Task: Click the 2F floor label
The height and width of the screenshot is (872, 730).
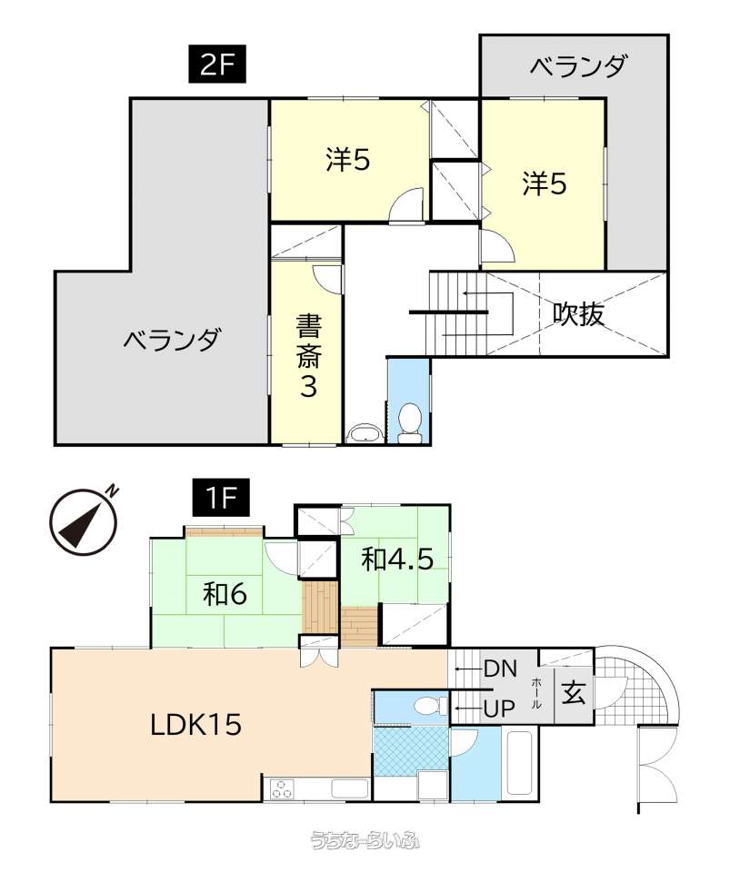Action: tap(217, 66)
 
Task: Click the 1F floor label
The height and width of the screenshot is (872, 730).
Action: tap(221, 498)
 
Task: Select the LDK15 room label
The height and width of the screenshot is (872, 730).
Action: tap(195, 725)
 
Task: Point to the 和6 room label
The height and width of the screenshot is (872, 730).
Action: tap(225, 594)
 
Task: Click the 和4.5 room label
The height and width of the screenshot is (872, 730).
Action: tap(397, 559)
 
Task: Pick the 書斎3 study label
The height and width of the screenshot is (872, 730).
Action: tap(308, 356)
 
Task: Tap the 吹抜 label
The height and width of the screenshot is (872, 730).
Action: tap(578, 315)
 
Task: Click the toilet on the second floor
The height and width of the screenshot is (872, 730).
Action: tap(410, 422)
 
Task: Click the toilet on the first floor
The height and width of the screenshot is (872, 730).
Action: tap(431, 706)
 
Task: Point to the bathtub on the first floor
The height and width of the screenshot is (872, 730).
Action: tap(520, 763)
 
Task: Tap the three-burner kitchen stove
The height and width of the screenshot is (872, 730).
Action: tap(282, 788)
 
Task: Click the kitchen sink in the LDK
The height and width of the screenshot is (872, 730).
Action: tap(350, 788)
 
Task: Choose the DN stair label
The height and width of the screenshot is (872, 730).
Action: tap(500, 669)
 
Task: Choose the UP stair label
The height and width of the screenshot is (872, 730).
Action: tap(499, 708)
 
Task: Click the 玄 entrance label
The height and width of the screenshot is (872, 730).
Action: tap(574, 692)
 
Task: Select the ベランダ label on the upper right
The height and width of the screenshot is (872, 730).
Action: tap(579, 66)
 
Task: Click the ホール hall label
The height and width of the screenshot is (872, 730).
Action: tap(536, 693)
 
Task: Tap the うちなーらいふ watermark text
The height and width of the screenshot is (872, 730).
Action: tap(365, 838)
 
